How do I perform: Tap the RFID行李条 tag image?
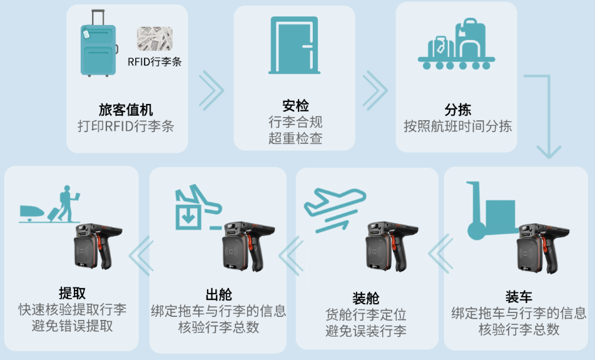point(155,40)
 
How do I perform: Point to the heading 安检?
point(295,106)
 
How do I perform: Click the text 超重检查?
point(295,138)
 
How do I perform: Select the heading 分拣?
point(457,110)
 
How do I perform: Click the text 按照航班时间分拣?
point(457,126)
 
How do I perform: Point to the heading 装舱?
point(365,297)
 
